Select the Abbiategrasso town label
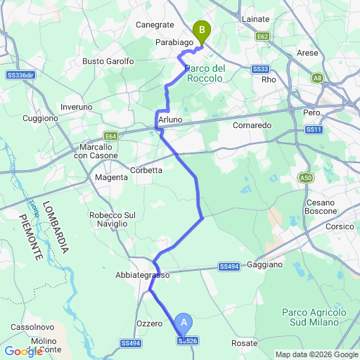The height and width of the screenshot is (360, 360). tap(143, 276)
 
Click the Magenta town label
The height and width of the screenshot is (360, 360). tap(111, 178)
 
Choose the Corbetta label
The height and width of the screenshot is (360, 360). tap(146, 170)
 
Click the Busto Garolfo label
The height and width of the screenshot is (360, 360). tap(108, 61)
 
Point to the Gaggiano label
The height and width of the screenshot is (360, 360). tap(264, 265)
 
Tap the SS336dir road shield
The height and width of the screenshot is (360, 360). tap(20, 74)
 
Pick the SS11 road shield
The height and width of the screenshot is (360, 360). tap(314, 130)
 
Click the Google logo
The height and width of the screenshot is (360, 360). tap(23, 351)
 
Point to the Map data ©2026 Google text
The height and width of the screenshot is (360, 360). tap(316, 354)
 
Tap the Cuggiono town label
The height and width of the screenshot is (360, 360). tap(40, 118)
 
